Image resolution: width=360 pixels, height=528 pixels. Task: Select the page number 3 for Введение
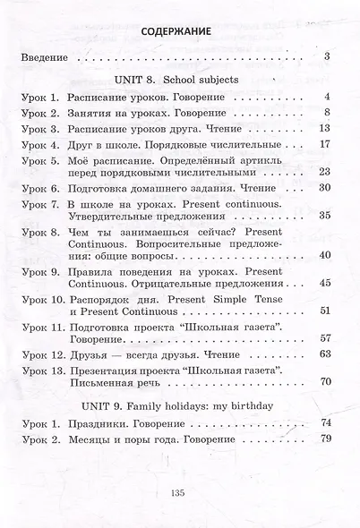(x=329, y=59)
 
